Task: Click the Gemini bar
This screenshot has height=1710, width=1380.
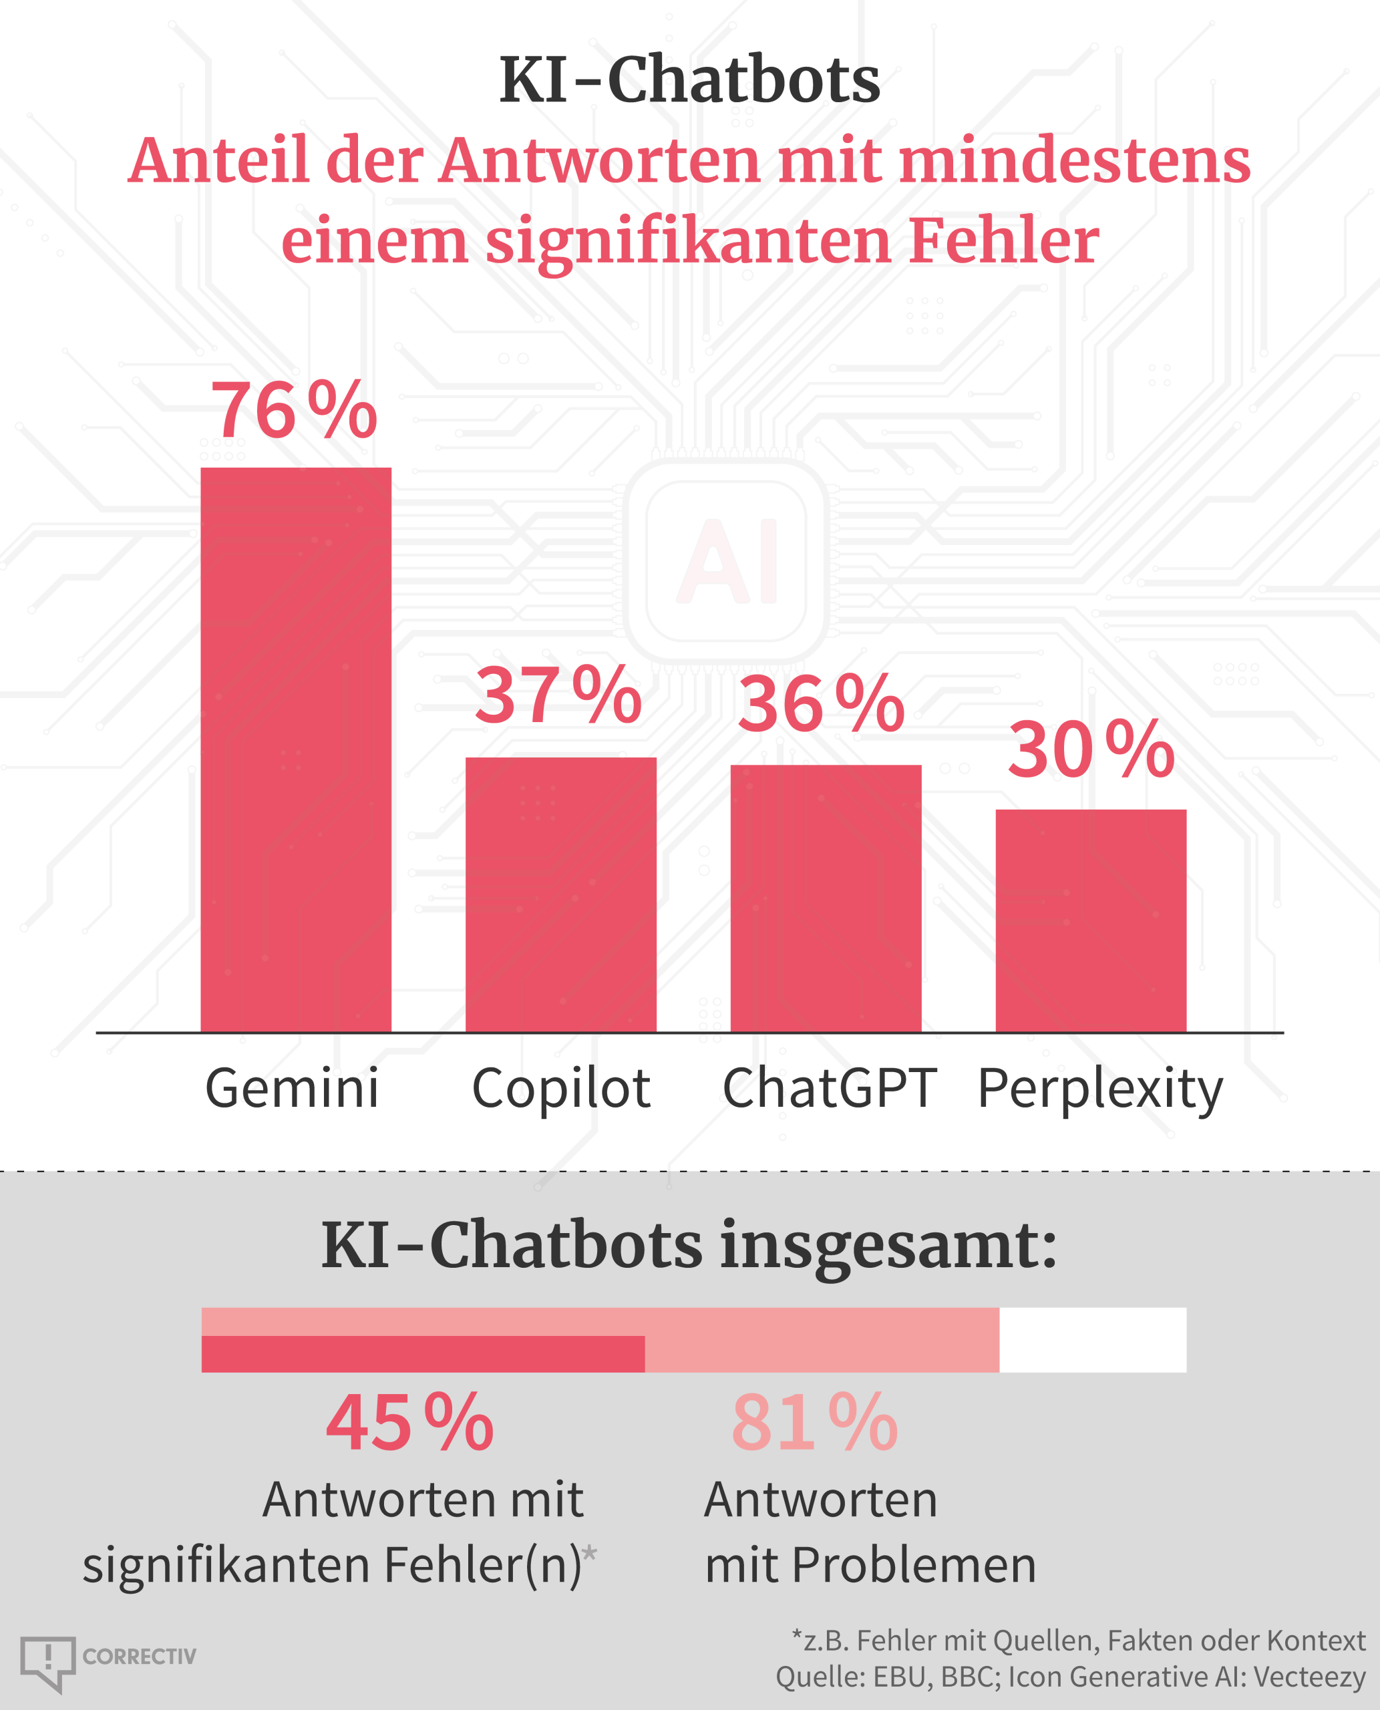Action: [296, 749]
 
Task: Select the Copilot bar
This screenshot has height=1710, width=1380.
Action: [560, 894]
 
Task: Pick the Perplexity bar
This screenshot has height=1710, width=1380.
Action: [1091, 920]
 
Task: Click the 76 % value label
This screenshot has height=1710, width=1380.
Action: [293, 410]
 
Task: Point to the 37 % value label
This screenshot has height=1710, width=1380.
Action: [558, 697]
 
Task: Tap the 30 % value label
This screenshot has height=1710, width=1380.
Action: [1091, 749]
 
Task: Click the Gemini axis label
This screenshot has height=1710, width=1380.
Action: [292, 1088]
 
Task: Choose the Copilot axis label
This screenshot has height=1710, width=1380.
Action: [561, 1089]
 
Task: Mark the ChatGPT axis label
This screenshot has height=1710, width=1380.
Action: [828, 1088]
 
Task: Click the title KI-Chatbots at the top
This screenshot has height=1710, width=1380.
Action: [689, 80]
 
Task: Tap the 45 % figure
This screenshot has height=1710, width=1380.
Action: [409, 1423]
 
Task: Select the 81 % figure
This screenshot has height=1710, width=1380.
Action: [814, 1423]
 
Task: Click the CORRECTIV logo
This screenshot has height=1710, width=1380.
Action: [108, 1657]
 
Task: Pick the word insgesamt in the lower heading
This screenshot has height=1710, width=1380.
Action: [888, 1246]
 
